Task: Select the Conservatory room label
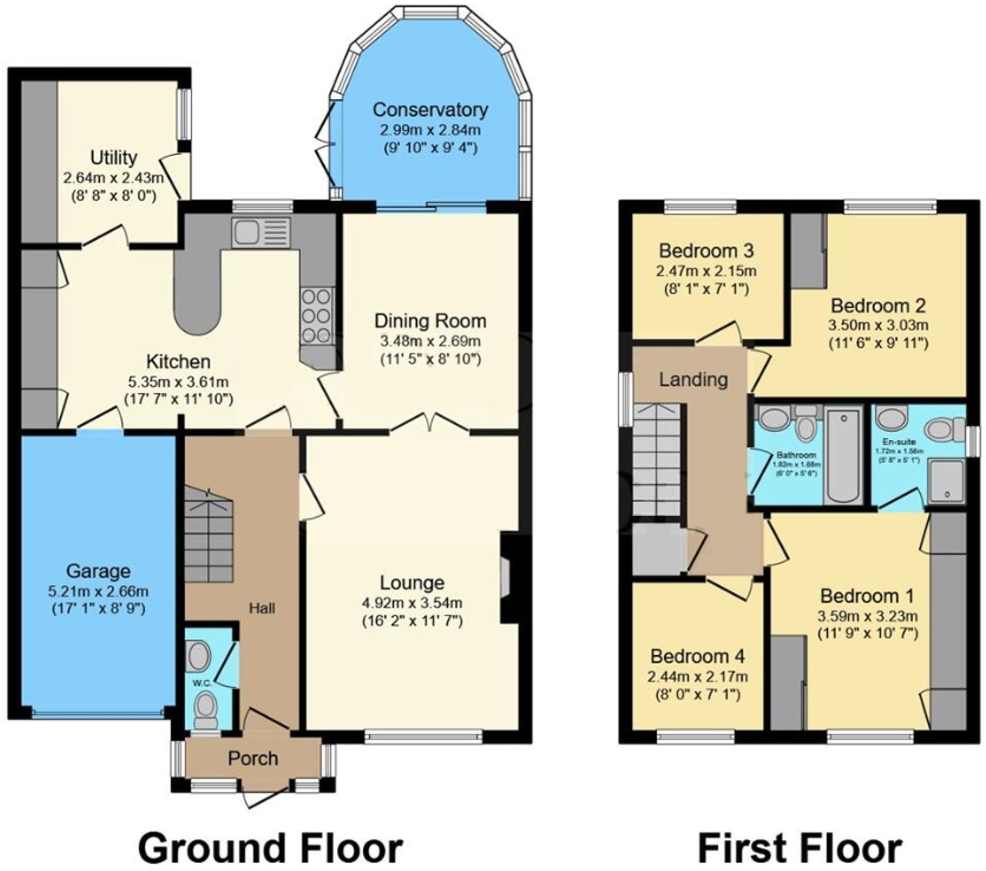pos(430,110)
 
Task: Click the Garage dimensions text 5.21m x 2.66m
pos(98,592)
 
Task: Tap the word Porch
pos(253,759)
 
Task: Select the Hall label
pos(262,608)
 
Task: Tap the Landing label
pos(693,380)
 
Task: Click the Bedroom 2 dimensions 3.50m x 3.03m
pos(878,325)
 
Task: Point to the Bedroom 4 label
pos(698,656)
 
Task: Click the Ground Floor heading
pos(270,833)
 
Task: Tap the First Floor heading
pos(799,833)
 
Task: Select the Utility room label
pos(114,158)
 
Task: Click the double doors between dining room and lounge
pos(429,423)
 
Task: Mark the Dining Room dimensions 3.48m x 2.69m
pos(430,341)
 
